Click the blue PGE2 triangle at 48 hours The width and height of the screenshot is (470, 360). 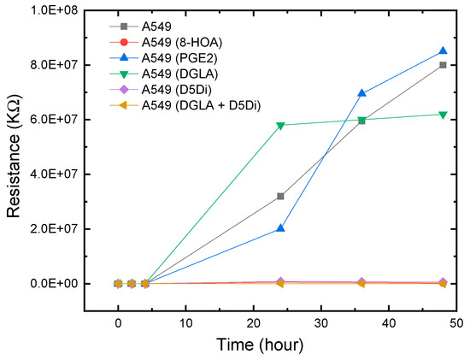443,51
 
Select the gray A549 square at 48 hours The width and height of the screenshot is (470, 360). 443,65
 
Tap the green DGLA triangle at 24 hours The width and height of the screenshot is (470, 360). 280,126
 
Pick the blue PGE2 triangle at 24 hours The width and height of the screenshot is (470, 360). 280,228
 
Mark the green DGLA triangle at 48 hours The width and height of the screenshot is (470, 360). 443,115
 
